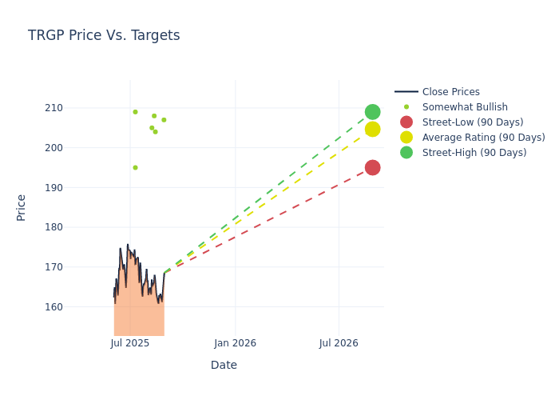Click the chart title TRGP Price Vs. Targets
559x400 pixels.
point(104,35)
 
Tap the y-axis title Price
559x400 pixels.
point(22,207)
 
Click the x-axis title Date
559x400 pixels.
point(224,365)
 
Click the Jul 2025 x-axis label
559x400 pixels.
point(130,343)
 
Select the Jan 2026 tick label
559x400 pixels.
point(235,343)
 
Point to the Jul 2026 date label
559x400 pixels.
point(339,343)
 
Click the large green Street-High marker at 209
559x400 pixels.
point(372,112)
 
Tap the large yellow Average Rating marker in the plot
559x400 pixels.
point(372,130)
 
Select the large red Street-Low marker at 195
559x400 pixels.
point(372,167)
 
